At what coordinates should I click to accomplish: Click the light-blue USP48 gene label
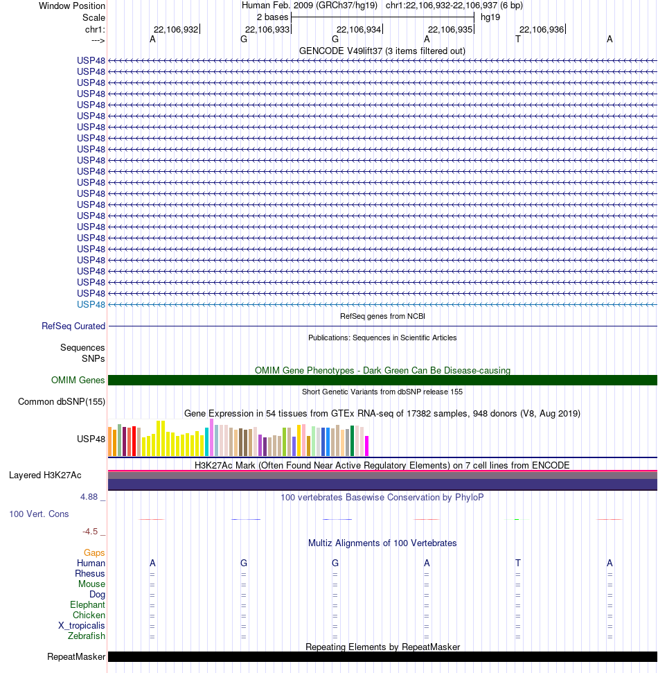pyautogui.click(x=91, y=305)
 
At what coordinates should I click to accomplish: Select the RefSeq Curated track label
pyautogui.click(x=73, y=326)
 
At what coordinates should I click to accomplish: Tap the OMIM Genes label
pyautogui.click(x=78, y=381)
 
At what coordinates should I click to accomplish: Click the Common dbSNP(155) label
pyautogui.click(x=62, y=402)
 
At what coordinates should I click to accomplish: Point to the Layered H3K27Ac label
pyautogui.click(x=45, y=475)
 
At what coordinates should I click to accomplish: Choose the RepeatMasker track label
pyautogui.click(x=76, y=656)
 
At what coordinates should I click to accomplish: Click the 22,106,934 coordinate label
pyautogui.click(x=359, y=30)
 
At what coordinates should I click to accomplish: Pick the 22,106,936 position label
pyautogui.click(x=542, y=30)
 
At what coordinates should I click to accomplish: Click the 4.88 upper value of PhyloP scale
pyautogui.click(x=89, y=497)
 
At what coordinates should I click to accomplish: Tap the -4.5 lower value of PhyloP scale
pyautogui.click(x=90, y=532)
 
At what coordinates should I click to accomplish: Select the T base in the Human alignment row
pyautogui.click(x=518, y=563)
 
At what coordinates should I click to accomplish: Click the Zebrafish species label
pyautogui.click(x=86, y=636)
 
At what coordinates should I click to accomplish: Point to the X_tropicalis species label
pyautogui.click(x=82, y=626)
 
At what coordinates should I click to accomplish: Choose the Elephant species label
pyautogui.click(x=87, y=605)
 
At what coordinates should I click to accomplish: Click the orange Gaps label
pyautogui.click(x=94, y=553)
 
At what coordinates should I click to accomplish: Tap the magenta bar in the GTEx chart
pyautogui.click(x=366, y=446)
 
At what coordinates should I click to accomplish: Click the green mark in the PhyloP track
pyautogui.click(x=517, y=519)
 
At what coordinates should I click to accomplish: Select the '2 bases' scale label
pyautogui.click(x=272, y=17)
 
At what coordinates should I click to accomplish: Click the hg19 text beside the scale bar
pyautogui.click(x=490, y=17)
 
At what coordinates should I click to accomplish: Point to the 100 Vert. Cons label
pyautogui.click(x=39, y=514)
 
